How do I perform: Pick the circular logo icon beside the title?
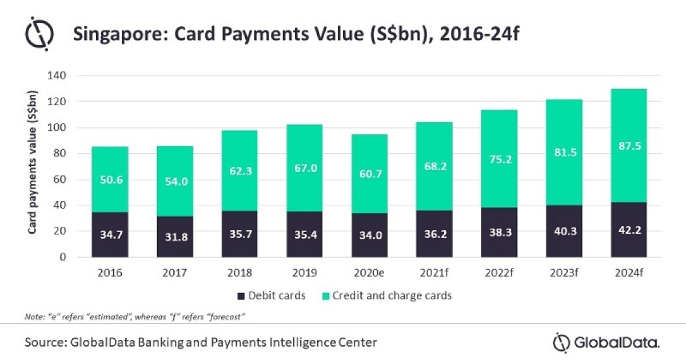(x=39, y=35)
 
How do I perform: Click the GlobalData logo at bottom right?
(x=607, y=342)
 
